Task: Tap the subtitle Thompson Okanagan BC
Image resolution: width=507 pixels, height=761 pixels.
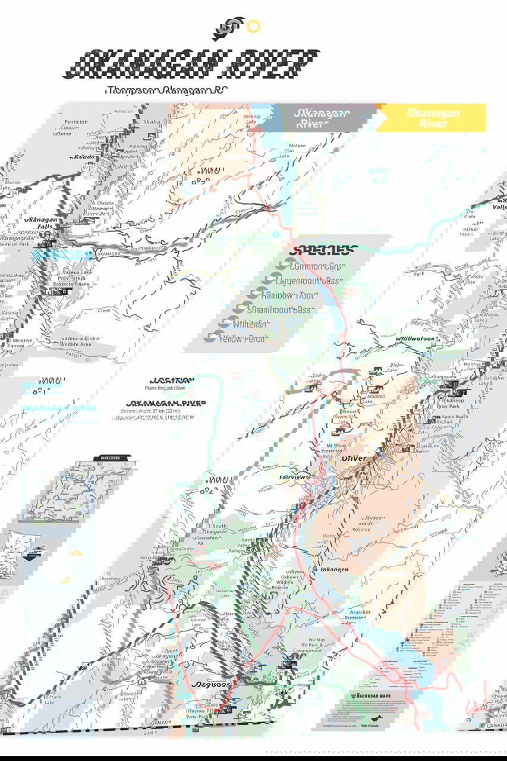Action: [166, 90]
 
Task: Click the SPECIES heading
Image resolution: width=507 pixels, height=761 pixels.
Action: [329, 250]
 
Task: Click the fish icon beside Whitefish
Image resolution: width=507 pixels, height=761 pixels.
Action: [224, 324]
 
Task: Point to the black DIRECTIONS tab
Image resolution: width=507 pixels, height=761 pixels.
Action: [111, 458]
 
